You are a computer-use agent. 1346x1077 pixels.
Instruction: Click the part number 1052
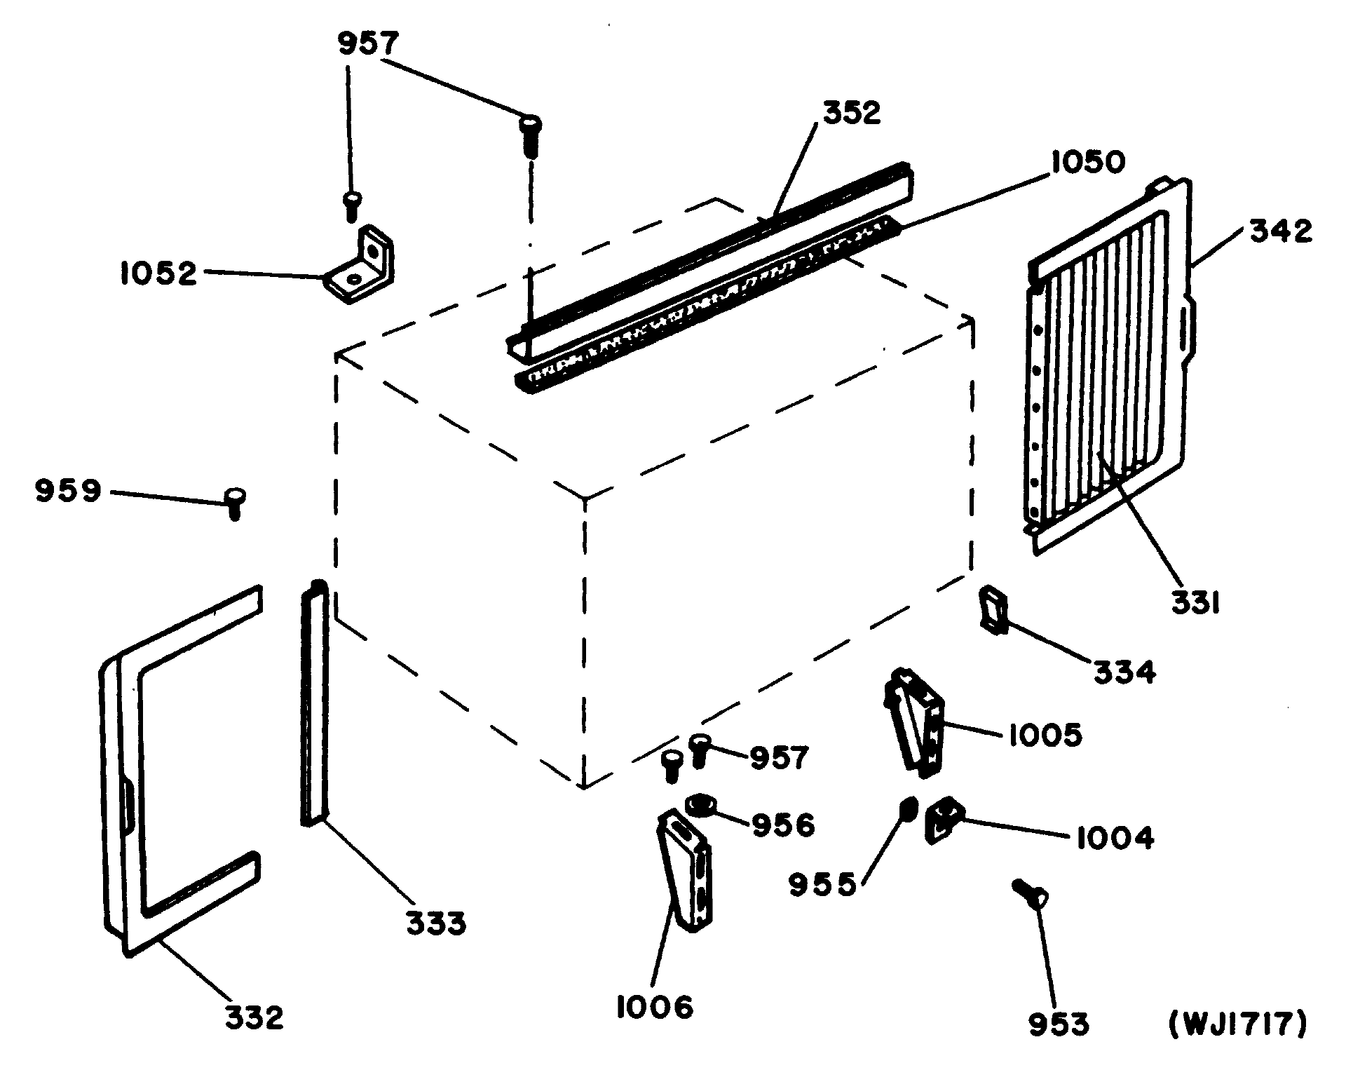(158, 273)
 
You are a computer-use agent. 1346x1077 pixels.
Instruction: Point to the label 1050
(1087, 162)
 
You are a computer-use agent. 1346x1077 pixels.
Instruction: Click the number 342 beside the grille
(1279, 231)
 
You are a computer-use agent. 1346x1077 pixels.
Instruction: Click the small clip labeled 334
(992, 609)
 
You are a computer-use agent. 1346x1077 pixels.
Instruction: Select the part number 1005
(1045, 736)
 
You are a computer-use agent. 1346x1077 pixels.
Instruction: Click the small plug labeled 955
(907, 811)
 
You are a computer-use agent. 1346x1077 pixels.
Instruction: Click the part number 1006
(655, 1008)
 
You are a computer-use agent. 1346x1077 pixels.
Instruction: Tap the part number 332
(254, 1017)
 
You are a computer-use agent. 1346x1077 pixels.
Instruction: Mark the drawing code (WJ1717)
(1238, 1024)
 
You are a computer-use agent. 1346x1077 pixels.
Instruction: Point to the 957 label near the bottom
(780, 758)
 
